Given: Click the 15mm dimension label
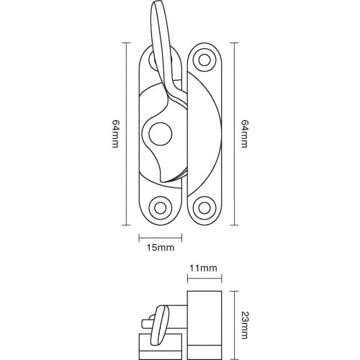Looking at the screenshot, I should [x=159, y=248].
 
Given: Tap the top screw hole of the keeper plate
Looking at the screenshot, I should [x=204, y=60].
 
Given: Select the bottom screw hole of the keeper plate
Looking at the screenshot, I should [x=204, y=209].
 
